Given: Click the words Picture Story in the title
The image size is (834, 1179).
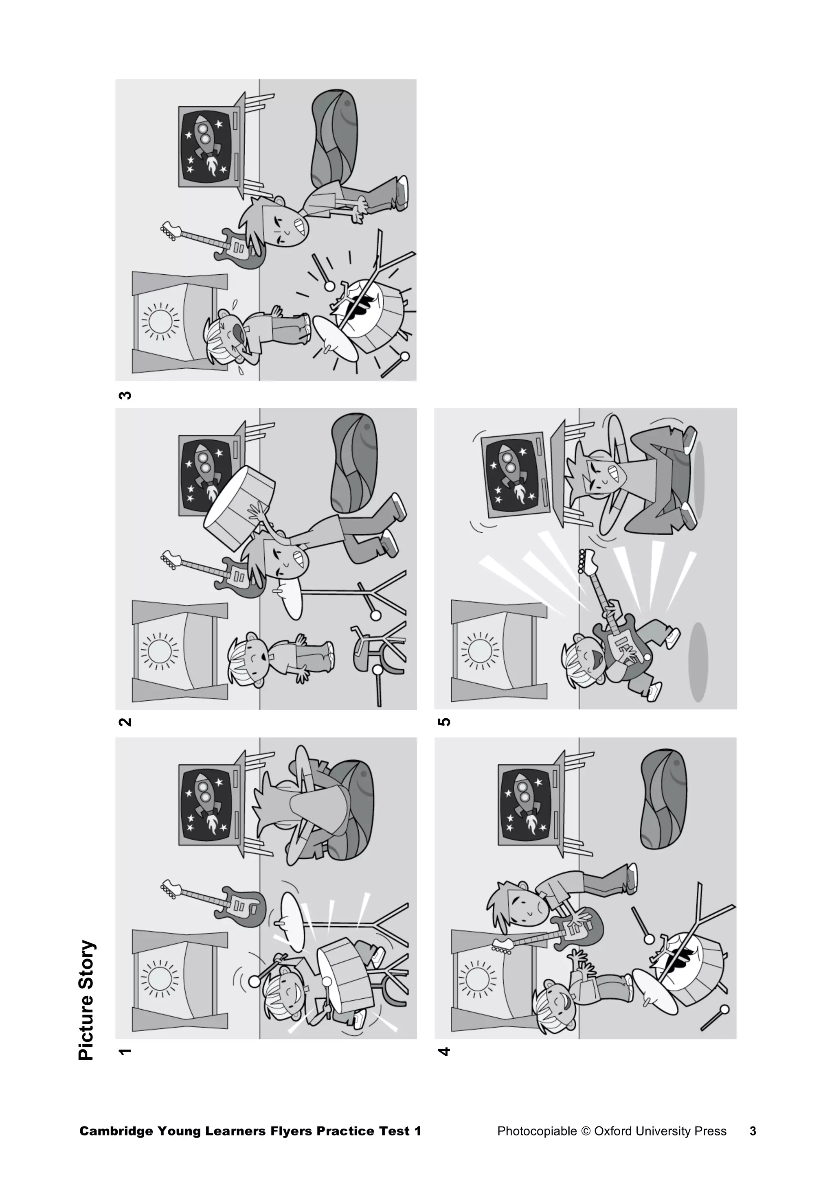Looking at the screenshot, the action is tap(87, 1000).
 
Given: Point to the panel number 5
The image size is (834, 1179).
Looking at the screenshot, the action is tap(444, 722).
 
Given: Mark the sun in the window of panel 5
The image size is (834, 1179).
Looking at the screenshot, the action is tap(479, 651).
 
